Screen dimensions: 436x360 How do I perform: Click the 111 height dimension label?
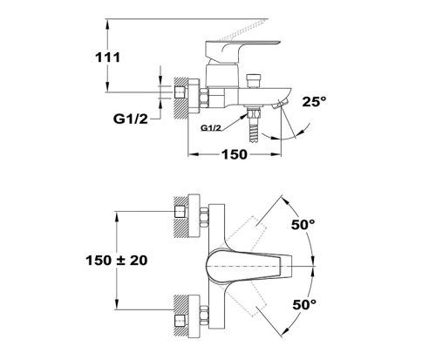[108, 58]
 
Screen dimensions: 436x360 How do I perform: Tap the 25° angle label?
[314, 101]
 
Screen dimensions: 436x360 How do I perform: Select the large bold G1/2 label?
[131, 119]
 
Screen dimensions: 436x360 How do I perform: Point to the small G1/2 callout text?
[211, 128]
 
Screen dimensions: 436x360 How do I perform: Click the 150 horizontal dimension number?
[235, 154]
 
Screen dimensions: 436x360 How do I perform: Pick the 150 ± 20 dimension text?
[117, 261]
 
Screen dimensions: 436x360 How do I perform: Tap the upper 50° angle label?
[303, 225]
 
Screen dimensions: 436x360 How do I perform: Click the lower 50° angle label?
[304, 304]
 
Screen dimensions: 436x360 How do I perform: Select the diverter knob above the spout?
[254, 81]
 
